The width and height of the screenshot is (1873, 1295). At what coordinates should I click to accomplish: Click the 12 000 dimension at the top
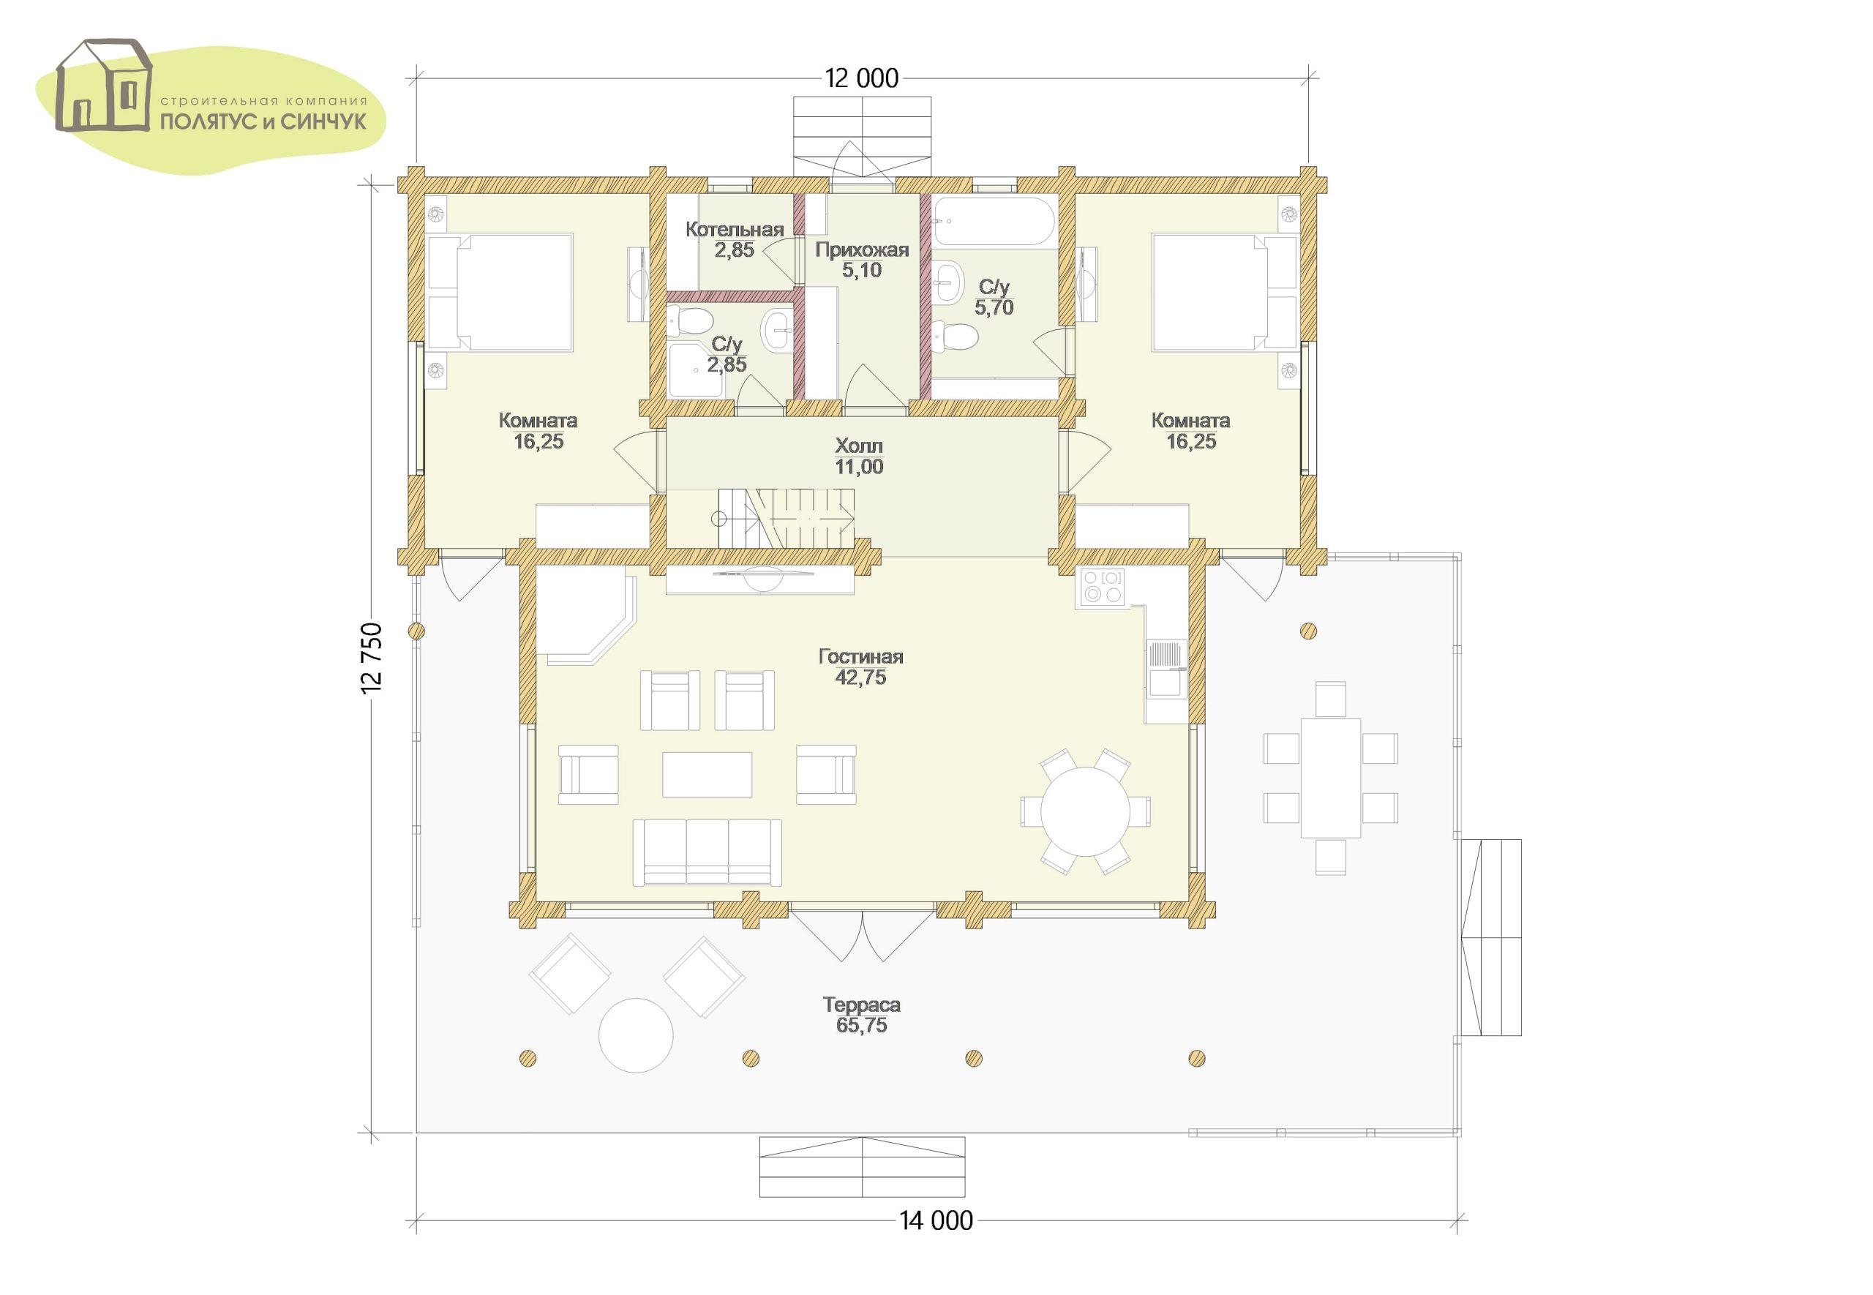point(861,79)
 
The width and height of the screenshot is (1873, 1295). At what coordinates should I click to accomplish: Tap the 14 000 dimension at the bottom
point(935,1243)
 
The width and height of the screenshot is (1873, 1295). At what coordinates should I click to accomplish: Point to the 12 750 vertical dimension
point(372,658)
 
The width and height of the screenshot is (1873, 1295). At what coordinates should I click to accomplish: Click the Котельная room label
point(734,230)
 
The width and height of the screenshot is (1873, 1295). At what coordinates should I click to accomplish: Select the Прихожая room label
point(861,250)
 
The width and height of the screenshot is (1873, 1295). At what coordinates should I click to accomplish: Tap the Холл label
point(859,446)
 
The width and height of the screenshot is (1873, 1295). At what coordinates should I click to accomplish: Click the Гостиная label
point(860,656)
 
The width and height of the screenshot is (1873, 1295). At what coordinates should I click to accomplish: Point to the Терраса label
point(861,1005)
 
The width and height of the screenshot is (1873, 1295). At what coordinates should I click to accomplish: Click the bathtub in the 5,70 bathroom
point(994,221)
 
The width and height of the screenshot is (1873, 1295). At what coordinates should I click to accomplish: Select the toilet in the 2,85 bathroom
point(688,323)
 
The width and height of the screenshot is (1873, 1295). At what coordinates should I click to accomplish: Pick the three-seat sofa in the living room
point(707,852)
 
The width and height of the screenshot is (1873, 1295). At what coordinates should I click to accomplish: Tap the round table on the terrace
point(636,1035)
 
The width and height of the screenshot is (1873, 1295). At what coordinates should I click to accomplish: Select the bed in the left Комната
point(500,292)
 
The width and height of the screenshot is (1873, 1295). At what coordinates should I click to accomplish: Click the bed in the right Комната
point(1223,292)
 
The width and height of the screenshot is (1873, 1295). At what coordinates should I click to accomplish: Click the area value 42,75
point(860,677)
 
